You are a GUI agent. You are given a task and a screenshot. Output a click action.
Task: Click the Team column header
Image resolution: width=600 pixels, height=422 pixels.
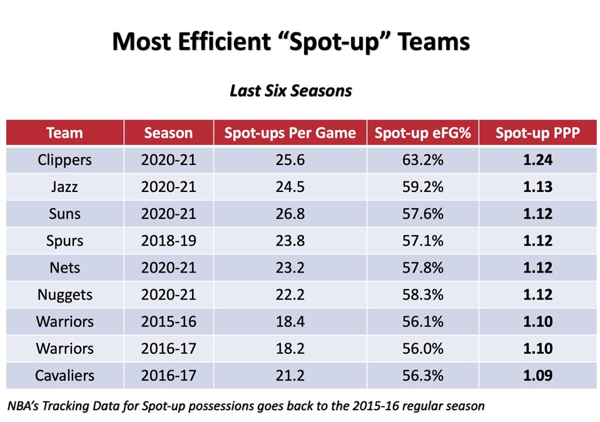pyautogui.click(x=64, y=133)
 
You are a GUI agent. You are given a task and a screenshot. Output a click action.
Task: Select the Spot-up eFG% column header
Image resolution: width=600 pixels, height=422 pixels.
pyautogui.click(x=422, y=133)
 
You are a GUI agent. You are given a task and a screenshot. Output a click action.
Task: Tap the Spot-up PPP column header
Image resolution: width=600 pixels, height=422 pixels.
pyautogui.click(x=537, y=133)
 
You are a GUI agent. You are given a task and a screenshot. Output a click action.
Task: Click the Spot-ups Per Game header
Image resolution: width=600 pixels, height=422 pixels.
pyautogui.click(x=290, y=133)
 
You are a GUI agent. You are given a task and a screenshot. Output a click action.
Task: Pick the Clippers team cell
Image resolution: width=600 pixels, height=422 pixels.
pyautogui.click(x=64, y=160)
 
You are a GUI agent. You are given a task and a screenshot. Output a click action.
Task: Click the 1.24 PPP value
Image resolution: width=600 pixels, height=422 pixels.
pyautogui.click(x=537, y=160)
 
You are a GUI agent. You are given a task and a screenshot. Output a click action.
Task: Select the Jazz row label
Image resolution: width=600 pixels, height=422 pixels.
pyautogui.click(x=64, y=187)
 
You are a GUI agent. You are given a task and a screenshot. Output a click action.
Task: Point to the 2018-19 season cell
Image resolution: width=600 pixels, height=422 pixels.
pyautogui.click(x=168, y=241)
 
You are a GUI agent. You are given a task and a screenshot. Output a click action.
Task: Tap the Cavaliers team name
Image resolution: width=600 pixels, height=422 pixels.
pyautogui.click(x=64, y=375)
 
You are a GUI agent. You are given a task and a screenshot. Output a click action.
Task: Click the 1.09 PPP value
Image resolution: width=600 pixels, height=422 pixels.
pyautogui.click(x=537, y=375)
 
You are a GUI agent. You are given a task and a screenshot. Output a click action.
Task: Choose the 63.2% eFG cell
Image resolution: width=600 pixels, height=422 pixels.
pyautogui.click(x=422, y=160)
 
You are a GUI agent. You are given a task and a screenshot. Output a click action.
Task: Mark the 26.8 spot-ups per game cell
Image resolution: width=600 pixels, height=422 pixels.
pyautogui.click(x=290, y=214)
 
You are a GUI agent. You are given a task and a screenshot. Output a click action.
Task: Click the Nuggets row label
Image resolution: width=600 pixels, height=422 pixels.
pyautogui.click(x=64, y=295)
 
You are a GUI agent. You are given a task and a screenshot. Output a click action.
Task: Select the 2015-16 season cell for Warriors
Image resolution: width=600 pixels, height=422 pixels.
pyautogui.click(x=168, y=321)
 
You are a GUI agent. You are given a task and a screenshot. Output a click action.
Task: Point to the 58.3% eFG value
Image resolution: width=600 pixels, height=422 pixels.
pyautogui.click(x=422, y=294)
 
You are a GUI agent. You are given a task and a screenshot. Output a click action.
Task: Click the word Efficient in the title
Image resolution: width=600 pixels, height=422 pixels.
pyautogui.click(x=225, y=41)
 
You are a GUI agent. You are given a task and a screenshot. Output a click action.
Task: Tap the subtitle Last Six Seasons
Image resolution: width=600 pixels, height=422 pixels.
pyautogui.click(x=291, y=91)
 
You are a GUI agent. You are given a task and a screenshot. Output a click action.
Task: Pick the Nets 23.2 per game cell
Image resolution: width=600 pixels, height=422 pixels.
pyautogui.click(x=290, y=268)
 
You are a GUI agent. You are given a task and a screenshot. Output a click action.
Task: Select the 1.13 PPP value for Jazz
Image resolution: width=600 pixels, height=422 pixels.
pyautogui.click(x=537, y=187)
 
